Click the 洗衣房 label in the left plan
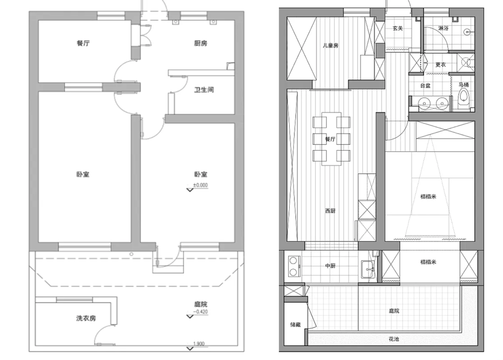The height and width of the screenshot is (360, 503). coord(86,318)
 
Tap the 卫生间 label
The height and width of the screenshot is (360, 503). coord(204,90)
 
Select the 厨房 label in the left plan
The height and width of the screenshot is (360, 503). coord(201,43)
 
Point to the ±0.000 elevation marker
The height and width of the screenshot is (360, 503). coord(201,185)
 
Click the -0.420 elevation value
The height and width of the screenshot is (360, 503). coord(201,311)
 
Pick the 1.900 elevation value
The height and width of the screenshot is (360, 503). coord(199,344)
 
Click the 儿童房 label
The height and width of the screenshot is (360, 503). coord(330,46)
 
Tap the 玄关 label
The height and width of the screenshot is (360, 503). coord(398,28)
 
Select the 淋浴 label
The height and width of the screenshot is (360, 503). coord(443,28)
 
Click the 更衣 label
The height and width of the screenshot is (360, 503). coord(440,64)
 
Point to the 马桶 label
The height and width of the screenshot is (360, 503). coord(464,85)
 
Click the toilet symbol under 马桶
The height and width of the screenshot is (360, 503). coord(463,96)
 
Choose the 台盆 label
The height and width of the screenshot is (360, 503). coord(426,86)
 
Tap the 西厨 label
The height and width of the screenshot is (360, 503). coord(330,211)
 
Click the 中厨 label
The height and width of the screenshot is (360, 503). coord(330,266)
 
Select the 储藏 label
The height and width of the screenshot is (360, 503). coord(295,325)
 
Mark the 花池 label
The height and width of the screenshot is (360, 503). coord(394,339)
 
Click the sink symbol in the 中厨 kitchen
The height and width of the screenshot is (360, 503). coord(367,270)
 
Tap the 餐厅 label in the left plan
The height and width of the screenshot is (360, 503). coord(83,43)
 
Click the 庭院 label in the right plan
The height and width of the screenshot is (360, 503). coord(394,311)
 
